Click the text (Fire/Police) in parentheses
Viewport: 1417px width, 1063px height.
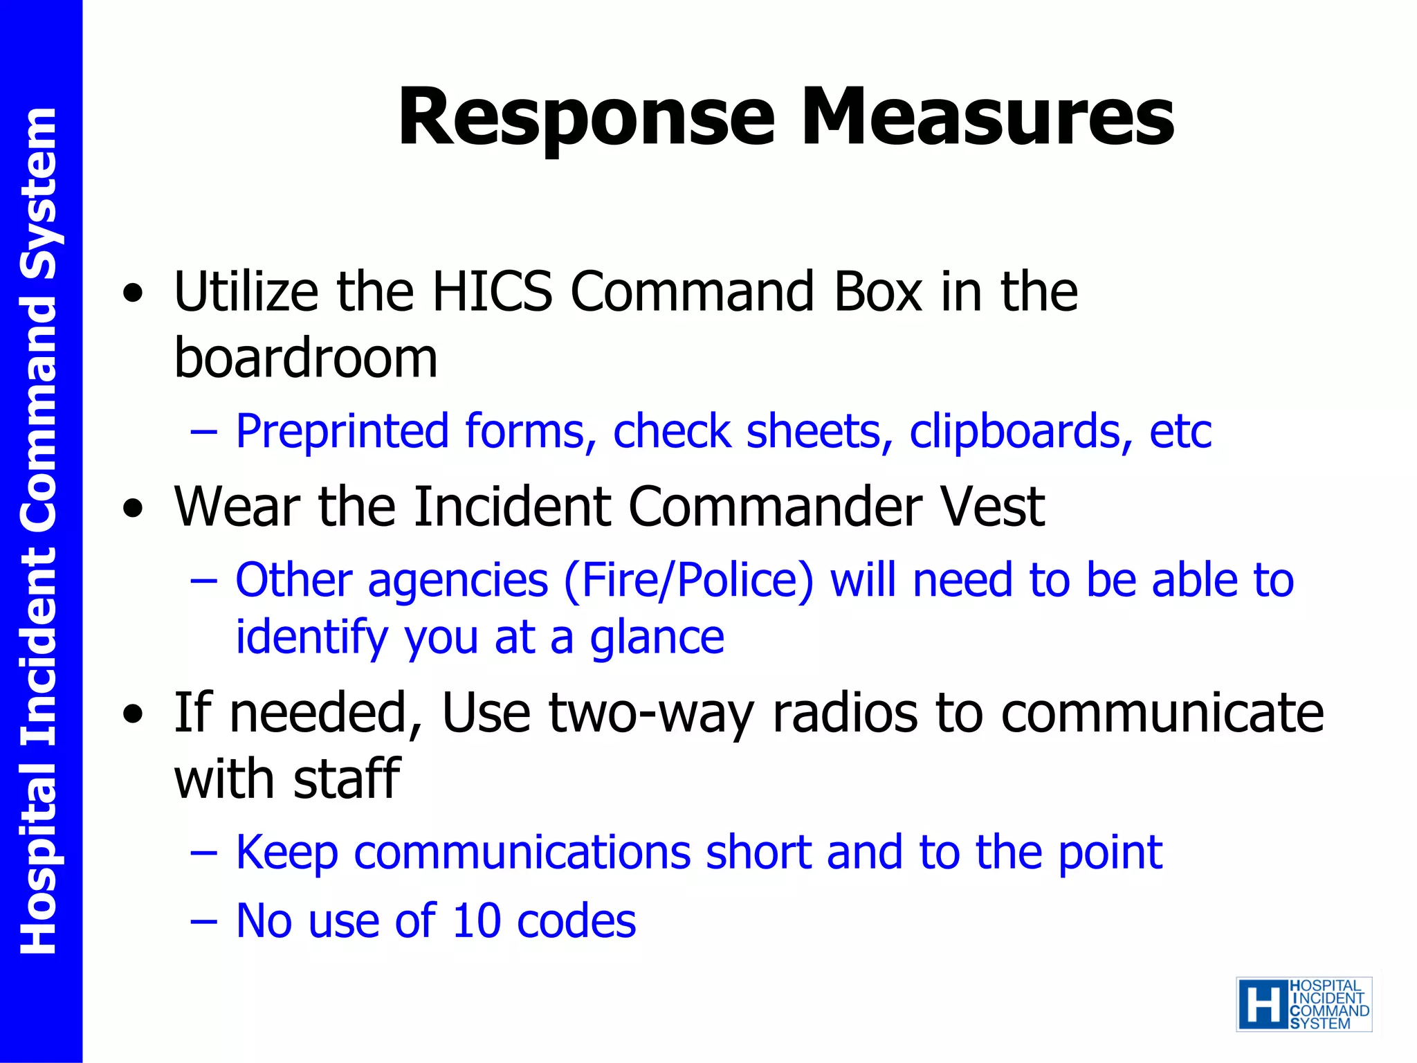click(688, 580)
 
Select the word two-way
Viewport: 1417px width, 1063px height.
click(651, 713)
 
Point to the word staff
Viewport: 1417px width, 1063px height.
click(347, 779)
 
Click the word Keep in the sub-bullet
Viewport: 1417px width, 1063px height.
click(287, 853)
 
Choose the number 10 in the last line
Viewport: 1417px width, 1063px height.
click(476, 921)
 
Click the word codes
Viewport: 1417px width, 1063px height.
click(576, 921)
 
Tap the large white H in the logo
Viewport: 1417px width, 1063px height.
click(1263, 1005)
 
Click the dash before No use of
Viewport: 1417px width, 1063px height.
click(204, 922)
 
